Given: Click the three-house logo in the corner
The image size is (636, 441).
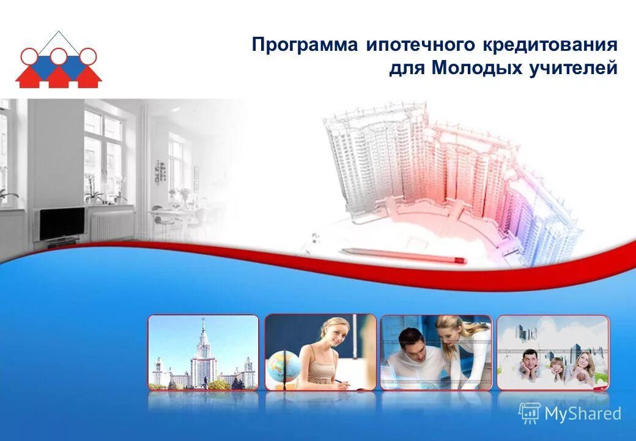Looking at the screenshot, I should (59, 61).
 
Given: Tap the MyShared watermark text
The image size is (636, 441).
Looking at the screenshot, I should (583, 413).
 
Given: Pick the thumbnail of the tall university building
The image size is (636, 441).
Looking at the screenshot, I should (203, 352).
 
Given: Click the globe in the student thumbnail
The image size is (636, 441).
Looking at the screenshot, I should (284, 366).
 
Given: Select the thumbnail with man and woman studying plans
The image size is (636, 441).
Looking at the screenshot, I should (435, 352).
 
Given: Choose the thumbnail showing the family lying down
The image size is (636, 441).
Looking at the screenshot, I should (552, 352).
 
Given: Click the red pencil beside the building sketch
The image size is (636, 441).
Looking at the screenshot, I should (404, 255).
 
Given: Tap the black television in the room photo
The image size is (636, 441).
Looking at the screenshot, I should (61, 224).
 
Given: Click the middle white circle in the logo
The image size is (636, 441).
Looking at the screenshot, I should (59, 56).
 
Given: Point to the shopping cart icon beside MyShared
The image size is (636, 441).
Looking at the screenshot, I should (530, 413).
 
